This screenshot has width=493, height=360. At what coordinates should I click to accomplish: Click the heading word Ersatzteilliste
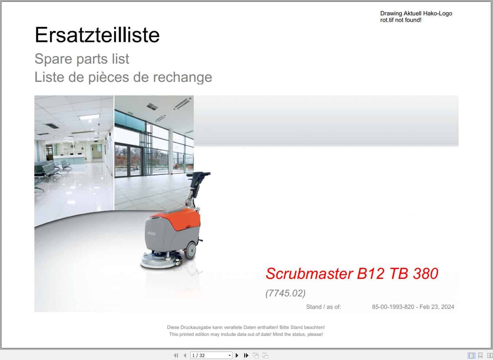(x=97, y=35)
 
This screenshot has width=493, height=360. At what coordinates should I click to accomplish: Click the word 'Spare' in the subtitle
(x=51, y=59)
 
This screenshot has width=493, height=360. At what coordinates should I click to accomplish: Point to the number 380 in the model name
(x=425, y=273)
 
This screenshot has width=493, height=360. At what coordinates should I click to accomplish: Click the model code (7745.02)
(x=285, y=293)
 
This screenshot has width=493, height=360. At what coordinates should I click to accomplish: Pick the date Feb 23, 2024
(x=437, y=307)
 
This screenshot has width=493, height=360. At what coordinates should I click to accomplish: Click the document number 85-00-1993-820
(x=393, y=307)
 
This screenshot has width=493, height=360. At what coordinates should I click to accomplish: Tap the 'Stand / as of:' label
(x=323, y=307)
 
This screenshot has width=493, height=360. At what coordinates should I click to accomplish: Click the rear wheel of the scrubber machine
(x=190, y=250)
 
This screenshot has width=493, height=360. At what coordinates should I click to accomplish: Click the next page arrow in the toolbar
(x=237, y=355)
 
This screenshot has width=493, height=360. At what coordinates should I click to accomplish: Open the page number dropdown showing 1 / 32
(x=230, y=355)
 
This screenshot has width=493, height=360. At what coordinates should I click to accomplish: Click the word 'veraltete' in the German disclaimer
(x=224, y=327)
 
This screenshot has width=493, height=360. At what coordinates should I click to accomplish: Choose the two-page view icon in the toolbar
(x=490, y=355)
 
